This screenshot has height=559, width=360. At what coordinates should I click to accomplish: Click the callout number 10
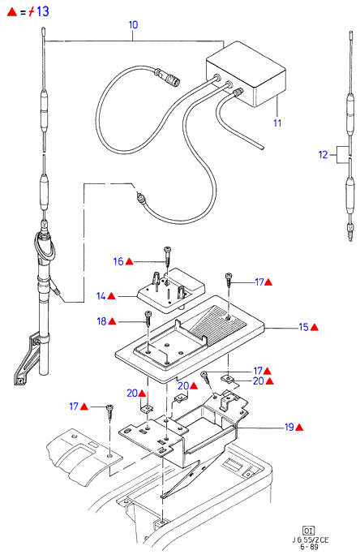[x=133, y=25]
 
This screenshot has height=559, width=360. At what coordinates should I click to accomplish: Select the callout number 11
[x=277, y=123]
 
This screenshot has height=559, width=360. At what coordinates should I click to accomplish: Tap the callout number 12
[x=323, y=155]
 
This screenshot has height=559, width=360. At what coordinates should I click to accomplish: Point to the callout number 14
[x=101, y=296]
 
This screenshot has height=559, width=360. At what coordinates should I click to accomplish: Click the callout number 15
[x=303, y=327]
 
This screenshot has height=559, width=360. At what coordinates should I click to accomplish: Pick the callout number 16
[x=118, y=262]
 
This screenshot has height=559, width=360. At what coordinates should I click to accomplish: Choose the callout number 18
[x=101, y=321]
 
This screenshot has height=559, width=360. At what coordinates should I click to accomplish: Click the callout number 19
[x=289, y=427]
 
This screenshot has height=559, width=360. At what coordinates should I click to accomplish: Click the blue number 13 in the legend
[x=43, y=11]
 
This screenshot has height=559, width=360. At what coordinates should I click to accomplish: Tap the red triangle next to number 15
[x=315, y=327]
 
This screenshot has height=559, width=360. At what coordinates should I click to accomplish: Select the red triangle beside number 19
[x=299, y=427]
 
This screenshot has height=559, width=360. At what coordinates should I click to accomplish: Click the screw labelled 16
[x=168, y=256]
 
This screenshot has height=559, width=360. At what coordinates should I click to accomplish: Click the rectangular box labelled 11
[x=246, y=74]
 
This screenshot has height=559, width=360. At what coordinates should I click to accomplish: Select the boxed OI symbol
[x=309, y=530]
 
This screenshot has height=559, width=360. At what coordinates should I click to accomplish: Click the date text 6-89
[x=309, y=547]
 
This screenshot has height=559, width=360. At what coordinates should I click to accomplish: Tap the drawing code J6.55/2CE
[x=310, y=540]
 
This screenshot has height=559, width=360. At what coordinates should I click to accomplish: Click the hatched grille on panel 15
[x=216, y=323]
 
